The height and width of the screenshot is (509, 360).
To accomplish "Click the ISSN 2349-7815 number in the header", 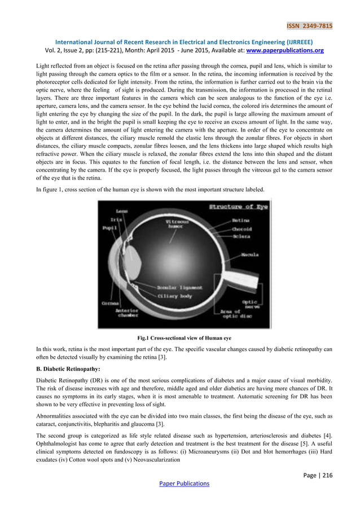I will (310, 25).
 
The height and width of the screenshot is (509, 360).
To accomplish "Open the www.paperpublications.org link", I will (282, 49).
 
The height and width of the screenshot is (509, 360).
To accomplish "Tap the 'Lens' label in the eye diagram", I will (121, 211).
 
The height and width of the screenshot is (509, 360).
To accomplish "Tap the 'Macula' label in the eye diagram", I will (249, 255).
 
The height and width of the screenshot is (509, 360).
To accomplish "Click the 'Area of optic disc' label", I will (232, 314).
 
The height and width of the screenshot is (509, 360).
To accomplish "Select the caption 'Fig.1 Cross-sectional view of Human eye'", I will (180, 338).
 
